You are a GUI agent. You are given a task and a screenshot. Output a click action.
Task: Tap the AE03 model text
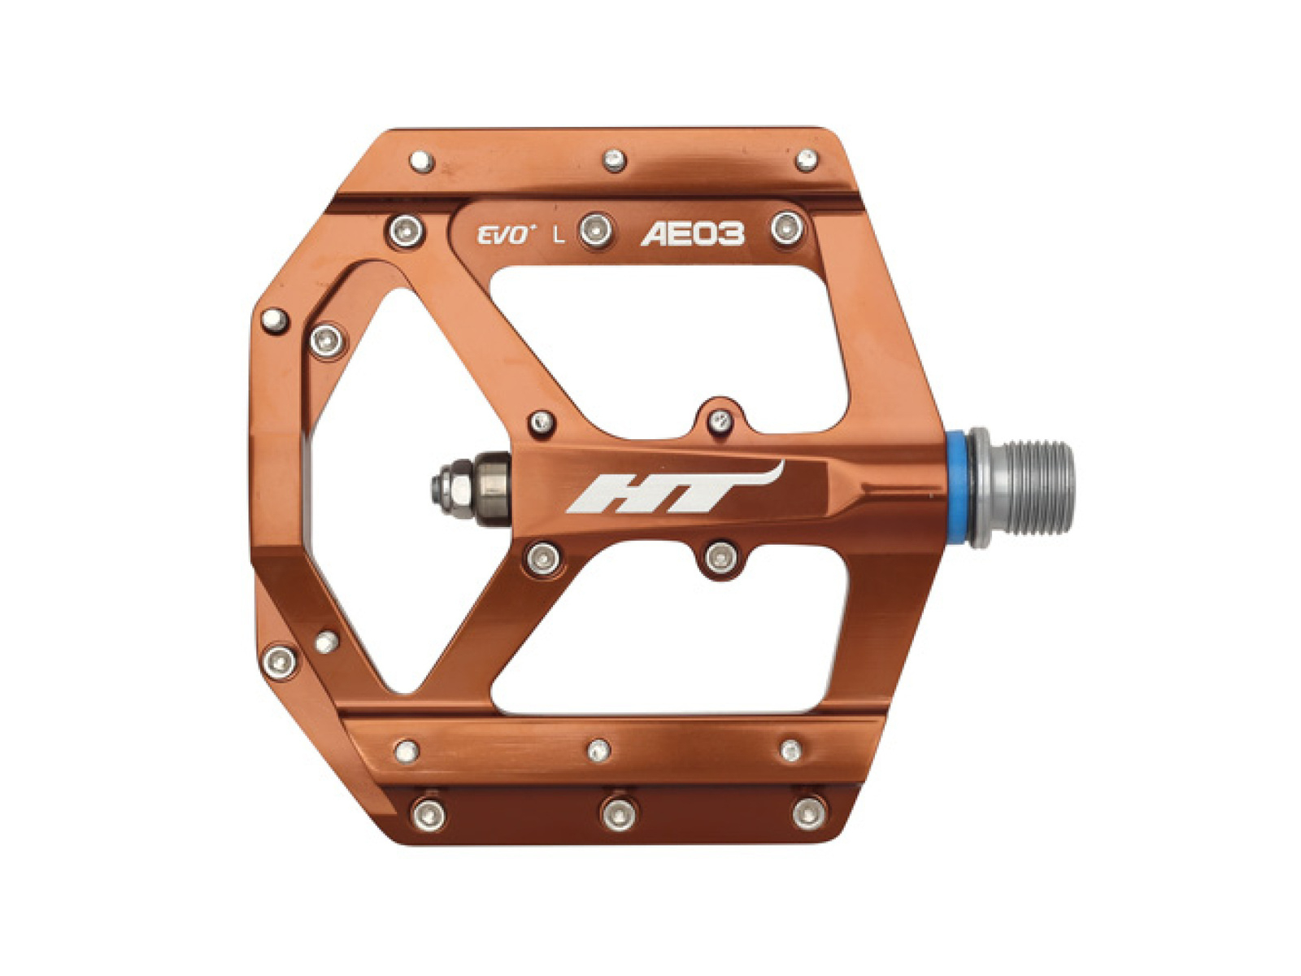coord(692,235)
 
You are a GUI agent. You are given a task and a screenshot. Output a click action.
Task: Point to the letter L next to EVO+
coord(558,236)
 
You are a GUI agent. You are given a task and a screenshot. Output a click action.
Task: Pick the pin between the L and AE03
coord(596,229)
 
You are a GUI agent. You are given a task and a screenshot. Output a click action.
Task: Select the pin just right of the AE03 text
coord(787,228)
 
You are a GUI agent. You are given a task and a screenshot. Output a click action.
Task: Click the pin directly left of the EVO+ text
coord(406,230)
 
